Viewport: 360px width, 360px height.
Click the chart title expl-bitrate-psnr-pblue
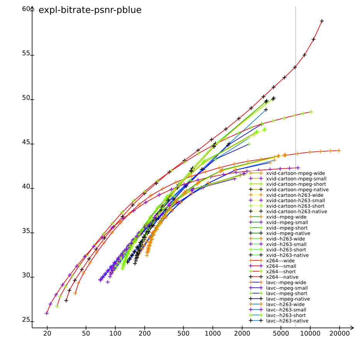[x=90, y=10]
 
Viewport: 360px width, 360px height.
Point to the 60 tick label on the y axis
[x=26, y=9]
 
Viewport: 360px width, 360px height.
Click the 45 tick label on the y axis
[x=26, y=142]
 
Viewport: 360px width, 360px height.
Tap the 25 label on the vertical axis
[x=26, y=320]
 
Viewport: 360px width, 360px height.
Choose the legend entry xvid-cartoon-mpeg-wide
[x=296, y=173]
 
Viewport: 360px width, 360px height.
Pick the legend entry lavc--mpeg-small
[x=287, y=288]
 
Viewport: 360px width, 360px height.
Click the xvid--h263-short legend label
[x=286, y=250]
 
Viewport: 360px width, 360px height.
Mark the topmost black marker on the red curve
[x=322, y=21]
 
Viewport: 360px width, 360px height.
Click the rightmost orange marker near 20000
[x=339, y=150]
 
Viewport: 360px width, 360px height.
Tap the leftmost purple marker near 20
[x=47, y=313]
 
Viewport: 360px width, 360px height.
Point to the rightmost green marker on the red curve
[x=311, y=112]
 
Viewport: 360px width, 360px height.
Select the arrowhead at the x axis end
[x=352, y=328]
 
